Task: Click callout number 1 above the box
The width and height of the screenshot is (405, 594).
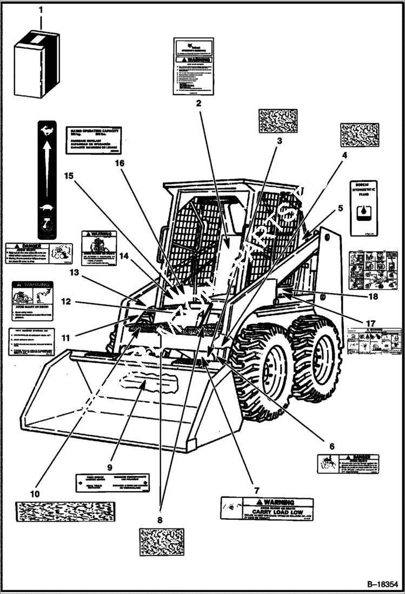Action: pos(39,11)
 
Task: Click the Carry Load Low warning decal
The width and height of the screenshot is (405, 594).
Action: pos(267,509)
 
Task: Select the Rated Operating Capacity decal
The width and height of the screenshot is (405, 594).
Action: pos(93,140)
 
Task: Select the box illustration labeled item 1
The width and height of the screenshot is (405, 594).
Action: pos(36,63)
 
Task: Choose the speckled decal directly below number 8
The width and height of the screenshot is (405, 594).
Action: pos(161,541)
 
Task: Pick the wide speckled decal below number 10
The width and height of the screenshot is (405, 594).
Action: pos(65,512)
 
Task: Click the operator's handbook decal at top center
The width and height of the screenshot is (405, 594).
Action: pos(193,66)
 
